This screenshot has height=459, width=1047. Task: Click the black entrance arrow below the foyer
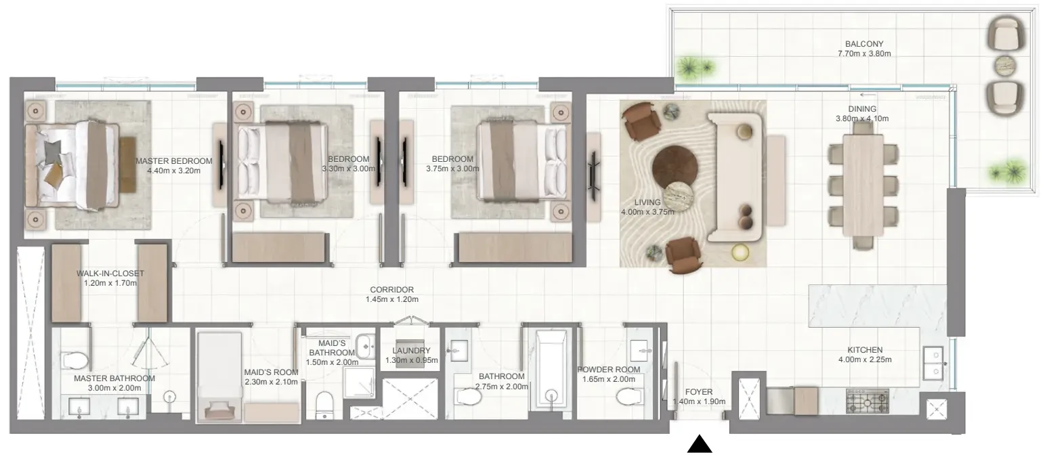[x=700, y=444]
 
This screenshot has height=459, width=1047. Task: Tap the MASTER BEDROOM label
[x=174, y=161]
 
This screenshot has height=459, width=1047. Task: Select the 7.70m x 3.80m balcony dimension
[x=864, y=53]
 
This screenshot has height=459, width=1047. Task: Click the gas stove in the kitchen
[x=868, y=401]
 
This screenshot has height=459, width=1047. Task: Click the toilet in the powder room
[x=628, y=397]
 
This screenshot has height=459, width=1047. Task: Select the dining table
[x=863, y=185]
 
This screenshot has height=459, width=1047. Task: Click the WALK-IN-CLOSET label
[x=110, y=274]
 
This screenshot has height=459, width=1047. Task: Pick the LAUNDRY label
[x=411, y=351]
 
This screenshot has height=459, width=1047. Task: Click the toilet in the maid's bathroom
[x=324, y=404]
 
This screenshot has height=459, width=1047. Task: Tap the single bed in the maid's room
[x=219, y=377]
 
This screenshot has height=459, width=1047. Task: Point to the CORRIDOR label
[x=391, y=290]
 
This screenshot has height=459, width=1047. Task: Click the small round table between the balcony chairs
[x=1005, y=66]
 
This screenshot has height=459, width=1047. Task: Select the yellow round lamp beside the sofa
[x=740, y=253]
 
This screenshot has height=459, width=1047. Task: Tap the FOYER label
[x=699, y=392]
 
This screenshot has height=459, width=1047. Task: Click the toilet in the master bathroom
[x=74, y=360]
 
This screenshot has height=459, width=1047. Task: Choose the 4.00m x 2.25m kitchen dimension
[x=865, y=360]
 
